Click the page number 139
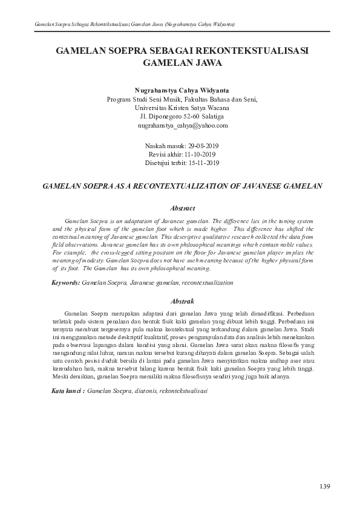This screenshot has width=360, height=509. tap(325, 487)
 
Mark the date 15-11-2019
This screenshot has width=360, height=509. tap(202, 163)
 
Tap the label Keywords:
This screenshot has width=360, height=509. tap(65, 282)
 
